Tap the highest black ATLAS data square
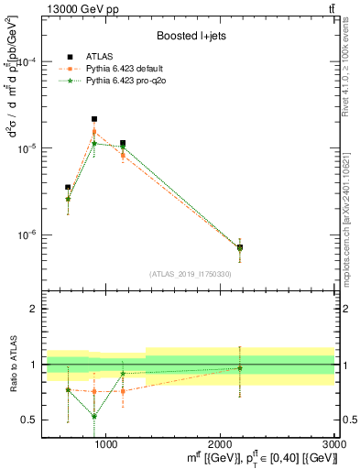pyautogui.click(x=94, y=119)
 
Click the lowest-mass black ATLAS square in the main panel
pyautogui.click(x=68, y=187)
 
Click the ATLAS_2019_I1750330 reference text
pyautogui.click(x=189, y=274)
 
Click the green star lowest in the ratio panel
pyautogui.click(x=94, y=416)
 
